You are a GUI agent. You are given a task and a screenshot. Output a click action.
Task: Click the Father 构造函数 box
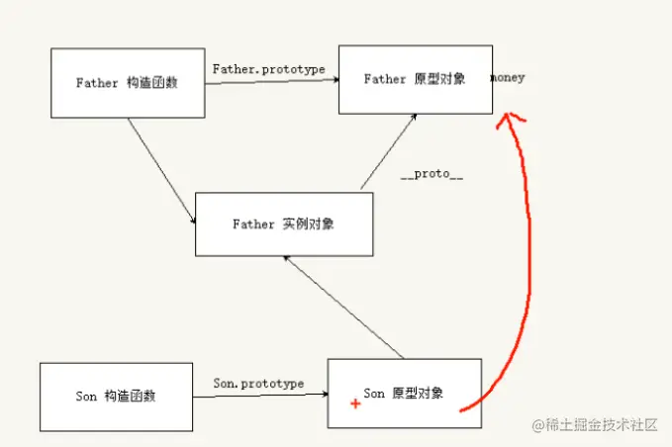[127, 83]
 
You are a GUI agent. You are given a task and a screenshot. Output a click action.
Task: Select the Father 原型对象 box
[415, 79]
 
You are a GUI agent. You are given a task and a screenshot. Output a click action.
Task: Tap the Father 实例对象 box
[283, 224]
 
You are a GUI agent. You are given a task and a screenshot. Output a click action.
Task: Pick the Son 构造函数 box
[116, 397]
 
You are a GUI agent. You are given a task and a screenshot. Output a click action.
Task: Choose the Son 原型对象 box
[404, 393]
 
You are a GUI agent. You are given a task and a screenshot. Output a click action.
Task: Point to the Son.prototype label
[258, 383]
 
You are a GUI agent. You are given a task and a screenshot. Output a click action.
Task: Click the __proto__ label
[432, 174]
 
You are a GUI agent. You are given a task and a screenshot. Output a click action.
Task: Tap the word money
[508, 77]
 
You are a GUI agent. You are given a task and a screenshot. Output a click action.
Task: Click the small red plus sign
[353, 403]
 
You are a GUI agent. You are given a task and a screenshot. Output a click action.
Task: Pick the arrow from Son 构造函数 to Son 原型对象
[259, 396]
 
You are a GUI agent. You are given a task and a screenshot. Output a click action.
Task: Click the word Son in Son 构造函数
[86, 397]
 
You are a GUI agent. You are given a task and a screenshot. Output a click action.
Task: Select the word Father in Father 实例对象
[253, 224]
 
